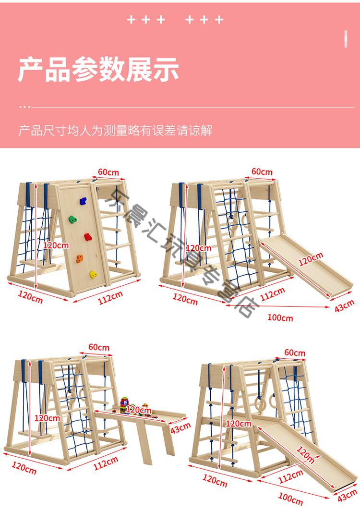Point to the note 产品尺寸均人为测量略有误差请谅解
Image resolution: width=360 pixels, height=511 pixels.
[x=115, y=131]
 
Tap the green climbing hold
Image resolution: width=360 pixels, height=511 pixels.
[x=72, y=219]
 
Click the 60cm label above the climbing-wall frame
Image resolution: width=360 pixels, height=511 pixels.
[x=109, y=172]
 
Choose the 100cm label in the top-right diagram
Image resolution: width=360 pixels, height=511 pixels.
[x=280, y=318]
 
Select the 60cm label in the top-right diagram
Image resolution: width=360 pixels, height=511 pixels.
[x=262, y=171]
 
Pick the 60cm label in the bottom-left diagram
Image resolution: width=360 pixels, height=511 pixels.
[x=98, y=347]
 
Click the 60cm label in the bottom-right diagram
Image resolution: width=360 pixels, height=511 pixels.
[x=295, y=353]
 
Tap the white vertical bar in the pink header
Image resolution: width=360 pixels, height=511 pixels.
[x=346, y=38]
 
